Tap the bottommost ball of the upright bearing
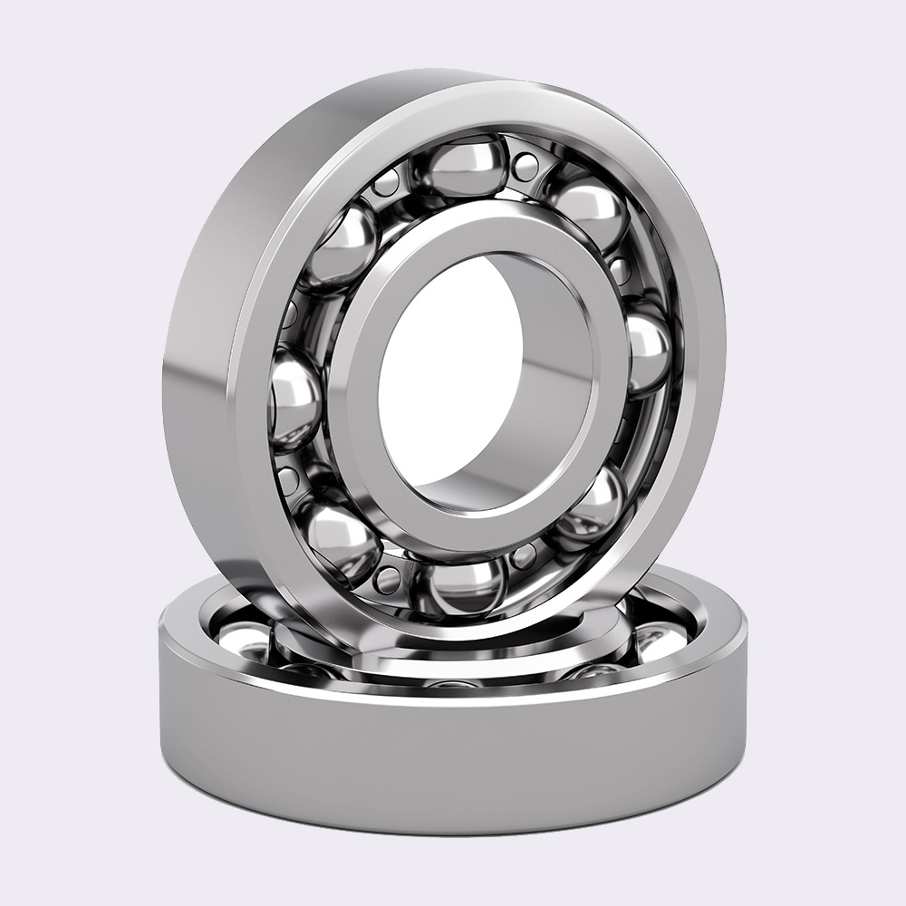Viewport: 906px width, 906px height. click(466, 586)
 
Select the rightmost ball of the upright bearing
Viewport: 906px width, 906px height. click(645, 352)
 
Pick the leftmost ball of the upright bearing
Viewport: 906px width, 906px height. click(294, 399)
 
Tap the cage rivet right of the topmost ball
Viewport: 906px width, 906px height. click(525, 166)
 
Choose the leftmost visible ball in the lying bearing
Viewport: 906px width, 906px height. click(240, 639)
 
